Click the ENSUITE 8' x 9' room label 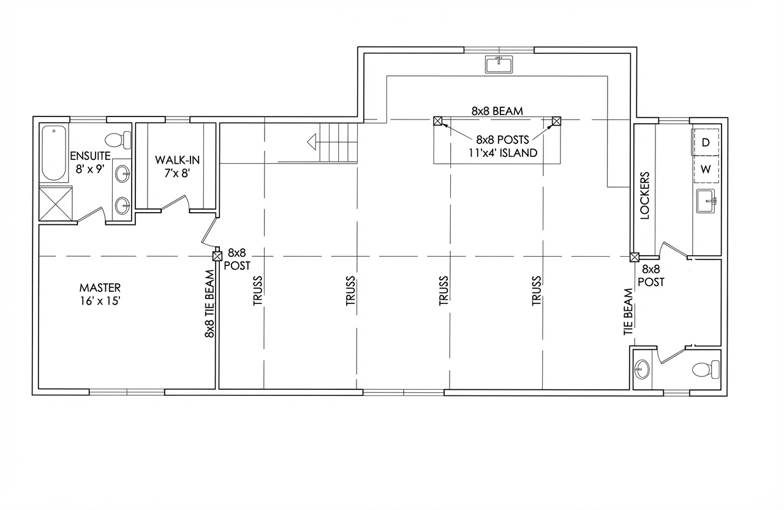click(90, 162)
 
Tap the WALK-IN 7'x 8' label click(177, 166)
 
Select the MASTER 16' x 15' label click(100, 294)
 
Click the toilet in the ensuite click(118, 140)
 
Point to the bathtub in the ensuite click(54, 153)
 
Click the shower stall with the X click(56, 204)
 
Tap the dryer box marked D click(706, 142)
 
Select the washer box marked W click(706, 169)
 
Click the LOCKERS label click(644, 196)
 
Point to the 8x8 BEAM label click(497, 111)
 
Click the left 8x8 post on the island click(437, 121)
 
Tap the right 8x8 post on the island click(557, 121)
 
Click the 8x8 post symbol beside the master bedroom click(217, 256)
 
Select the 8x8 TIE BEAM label click(209, 303)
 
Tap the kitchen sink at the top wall click(499, 64)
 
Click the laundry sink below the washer click(706, 201)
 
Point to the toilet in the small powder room click(706, 370)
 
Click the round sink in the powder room click(642, 369)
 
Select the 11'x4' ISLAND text click(503, 153)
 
